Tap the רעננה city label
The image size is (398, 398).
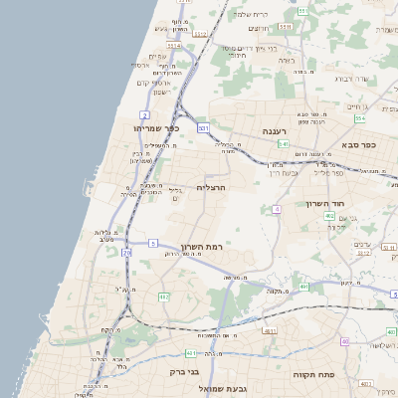click(x=276, y=131)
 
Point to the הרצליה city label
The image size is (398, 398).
click(x=213, y=186)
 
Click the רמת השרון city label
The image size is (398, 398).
click(x=203, y=246)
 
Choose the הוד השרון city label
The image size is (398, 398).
click(x=325, y=203)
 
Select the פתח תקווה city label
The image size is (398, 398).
click(x=311, y=374)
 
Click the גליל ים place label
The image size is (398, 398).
click(x=176, y=194)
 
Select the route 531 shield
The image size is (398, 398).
click(x=203, y=128)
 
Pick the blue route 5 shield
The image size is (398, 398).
click(x=153, y=243)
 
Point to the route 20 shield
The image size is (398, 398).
click(x=126, y=254)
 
